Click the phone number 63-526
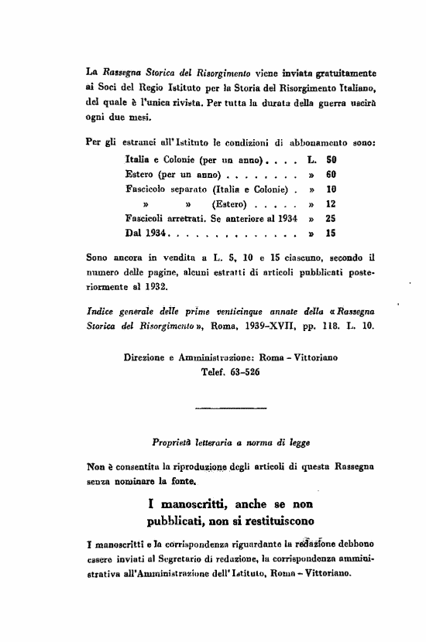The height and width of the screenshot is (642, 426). point(242,373)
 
